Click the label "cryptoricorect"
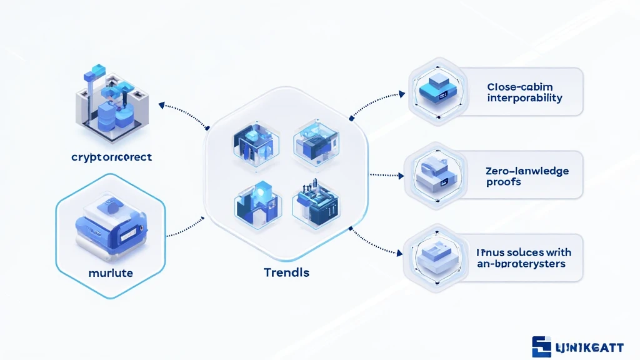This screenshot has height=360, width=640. tap(112, 157)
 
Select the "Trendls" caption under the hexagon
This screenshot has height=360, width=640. tap(287, 272)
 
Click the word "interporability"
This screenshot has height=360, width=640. tap(524, 98)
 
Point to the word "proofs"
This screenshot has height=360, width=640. tap(504, 182)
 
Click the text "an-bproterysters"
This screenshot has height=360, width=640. tap(521, 264)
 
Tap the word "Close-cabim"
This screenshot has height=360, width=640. tap(519, 87)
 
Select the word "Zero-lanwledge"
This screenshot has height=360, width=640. tap(526, 170)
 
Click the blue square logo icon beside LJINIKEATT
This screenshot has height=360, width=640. tap(541, 346)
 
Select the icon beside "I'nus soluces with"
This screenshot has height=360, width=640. tap(436, 257)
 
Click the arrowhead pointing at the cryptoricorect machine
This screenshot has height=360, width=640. tap(162, 104)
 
